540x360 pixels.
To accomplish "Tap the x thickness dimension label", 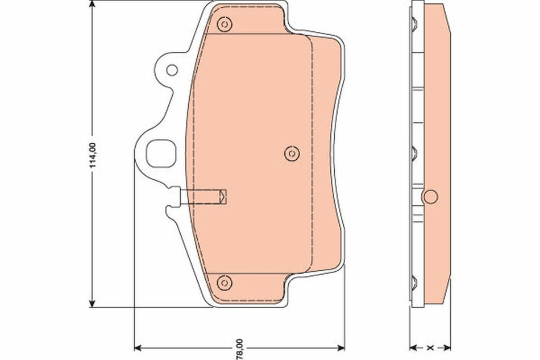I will click(x=430, y=346).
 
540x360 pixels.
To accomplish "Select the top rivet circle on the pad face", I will click(x=224, y=24).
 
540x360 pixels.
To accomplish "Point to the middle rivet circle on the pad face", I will click(x=290, y=152).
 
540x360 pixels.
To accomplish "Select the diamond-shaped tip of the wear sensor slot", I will click(x=223, y=197).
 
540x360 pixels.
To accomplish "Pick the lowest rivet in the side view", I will click(x=414, y=281).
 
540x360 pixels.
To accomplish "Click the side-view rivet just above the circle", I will click(x=414, y=152).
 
